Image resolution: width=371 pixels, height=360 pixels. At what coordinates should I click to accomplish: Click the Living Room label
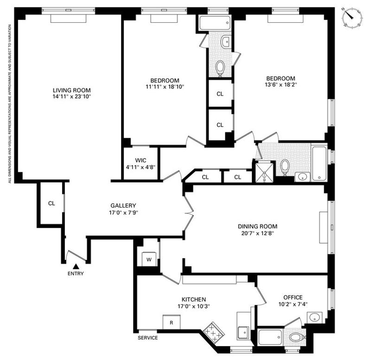click(x=72, y=90)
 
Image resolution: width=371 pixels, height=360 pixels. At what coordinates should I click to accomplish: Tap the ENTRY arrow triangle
click(x=76, y=266)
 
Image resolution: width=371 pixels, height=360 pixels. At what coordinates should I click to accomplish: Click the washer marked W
click(x=149, y=259)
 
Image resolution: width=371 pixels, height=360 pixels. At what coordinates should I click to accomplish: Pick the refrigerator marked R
click(x=172, y=322)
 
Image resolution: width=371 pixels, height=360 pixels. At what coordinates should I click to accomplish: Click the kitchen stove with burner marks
click(x=213, y=332)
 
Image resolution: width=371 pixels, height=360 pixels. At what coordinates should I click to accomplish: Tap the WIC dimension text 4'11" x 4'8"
click(x=141, y=167)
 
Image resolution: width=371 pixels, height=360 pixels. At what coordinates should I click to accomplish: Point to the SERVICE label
click(x=147, y=338)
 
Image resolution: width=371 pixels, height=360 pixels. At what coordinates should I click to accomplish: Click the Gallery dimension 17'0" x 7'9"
click(x=123, y=212)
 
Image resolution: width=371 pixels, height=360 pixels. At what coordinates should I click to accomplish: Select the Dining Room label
click(x=258, y=226)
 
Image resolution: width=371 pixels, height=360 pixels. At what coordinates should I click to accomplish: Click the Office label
click(x=293, y=297)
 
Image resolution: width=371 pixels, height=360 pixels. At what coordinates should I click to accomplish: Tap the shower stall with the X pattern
click(x=264, y=172)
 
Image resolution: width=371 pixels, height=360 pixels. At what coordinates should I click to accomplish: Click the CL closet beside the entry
click(x=51, y=203)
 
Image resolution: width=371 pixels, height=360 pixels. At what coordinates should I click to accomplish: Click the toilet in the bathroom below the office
click(x=297, y=337)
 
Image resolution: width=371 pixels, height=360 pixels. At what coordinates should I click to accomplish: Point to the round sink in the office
click(x=315, y=318)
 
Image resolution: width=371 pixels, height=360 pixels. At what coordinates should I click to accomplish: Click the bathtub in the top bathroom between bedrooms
click(x=215, y=23)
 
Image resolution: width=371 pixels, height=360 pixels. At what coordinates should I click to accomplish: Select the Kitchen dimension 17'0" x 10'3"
click(x=194, y=306)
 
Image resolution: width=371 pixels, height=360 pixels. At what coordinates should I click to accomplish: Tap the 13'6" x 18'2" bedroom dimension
click(x=281, y=84)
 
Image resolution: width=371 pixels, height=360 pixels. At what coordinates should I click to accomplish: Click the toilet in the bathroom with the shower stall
click(x=285, y=167)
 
